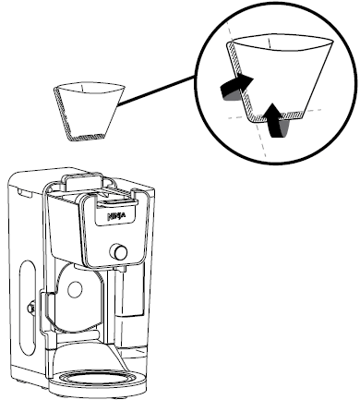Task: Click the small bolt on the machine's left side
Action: (x=31, y=304)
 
